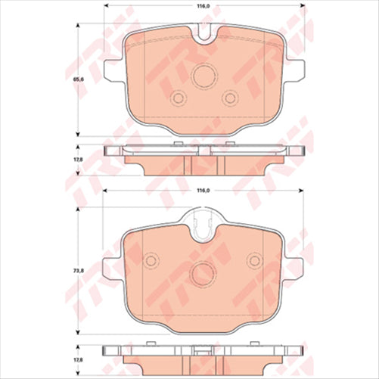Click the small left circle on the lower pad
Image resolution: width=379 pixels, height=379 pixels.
point(151,261)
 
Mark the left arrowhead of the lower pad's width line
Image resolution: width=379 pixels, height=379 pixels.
point(105,190)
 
